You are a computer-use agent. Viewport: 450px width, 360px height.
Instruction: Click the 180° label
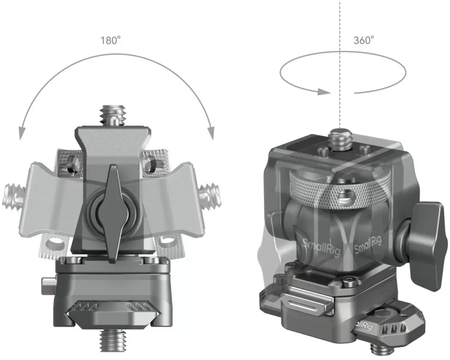click(x=110, y=40)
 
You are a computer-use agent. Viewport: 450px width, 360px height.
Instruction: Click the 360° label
click(x=364, y=40)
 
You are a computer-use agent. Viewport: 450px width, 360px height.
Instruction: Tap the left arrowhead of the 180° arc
click(x=21, y=134)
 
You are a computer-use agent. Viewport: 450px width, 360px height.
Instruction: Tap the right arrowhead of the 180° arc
click(x=211, y=133)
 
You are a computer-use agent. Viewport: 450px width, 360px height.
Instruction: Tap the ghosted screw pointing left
click(x=13, y=196)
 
